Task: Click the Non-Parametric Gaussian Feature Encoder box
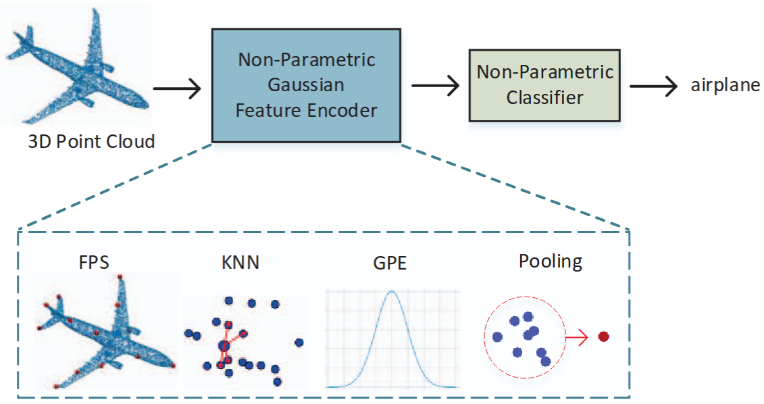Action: [306, 84]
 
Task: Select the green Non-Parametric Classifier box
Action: [544, 84]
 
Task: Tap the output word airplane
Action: [725, 86]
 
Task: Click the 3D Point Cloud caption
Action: [91, 142]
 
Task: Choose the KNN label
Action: [240, 262]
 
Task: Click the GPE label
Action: [390, 262]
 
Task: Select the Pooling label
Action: [550, 261]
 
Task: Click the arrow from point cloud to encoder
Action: [177, 87]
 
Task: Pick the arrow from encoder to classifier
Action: [435, 86]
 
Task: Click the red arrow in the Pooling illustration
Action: [578, 336]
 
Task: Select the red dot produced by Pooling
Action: [603, 336]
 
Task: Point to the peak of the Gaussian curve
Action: [390, 292]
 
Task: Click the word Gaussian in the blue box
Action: [306, 84]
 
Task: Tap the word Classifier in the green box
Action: [544, 98]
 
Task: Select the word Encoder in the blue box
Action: [342, 110]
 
